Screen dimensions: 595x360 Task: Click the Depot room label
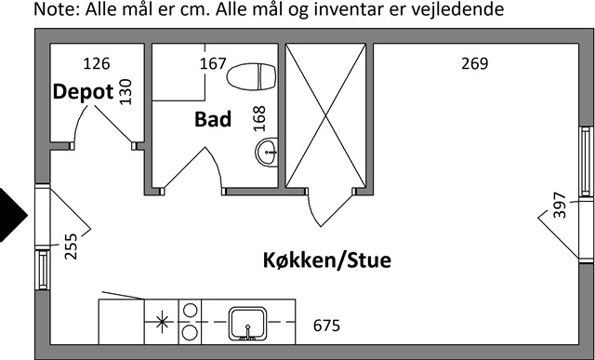coord(83,92)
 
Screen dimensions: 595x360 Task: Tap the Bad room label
coord(213,119)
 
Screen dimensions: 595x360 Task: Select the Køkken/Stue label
coord(327,260)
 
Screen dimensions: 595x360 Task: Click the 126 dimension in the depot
coord(97,63)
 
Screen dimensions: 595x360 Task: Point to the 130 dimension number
coord(126,91)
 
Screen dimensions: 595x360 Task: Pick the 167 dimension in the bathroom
coord(213,63)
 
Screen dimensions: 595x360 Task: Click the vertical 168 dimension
coord(259,119)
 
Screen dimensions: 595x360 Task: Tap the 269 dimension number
coord(475,63)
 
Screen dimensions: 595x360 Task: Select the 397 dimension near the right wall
coord(560,206)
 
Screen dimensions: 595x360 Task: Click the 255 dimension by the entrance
coord(71,247)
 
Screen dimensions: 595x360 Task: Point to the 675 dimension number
coord(326,326)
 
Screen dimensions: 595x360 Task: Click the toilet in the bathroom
coord(251,76)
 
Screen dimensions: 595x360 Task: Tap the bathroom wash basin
coord(267,153)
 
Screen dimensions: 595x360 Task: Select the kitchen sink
coord(248,324)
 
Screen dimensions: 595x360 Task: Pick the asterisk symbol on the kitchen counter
coord(162,322)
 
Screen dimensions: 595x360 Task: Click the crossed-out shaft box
coord(325,115)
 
